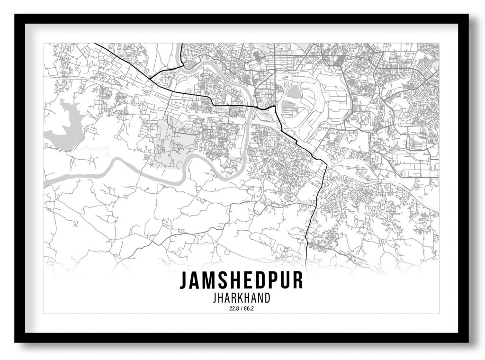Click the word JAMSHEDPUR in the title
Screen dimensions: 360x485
point(241,280)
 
